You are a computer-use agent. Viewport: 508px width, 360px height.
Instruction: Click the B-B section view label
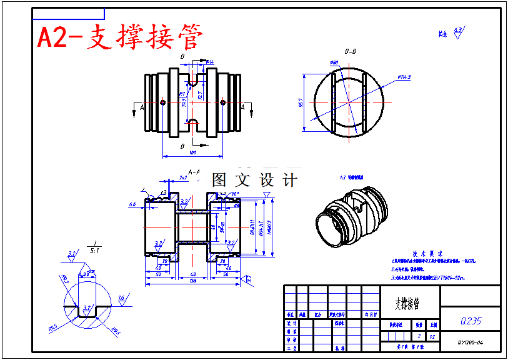coord(351,51)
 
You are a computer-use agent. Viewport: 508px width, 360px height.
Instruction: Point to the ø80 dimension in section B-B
coord(334,63)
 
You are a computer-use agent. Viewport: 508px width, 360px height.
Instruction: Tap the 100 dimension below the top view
coord(192,152)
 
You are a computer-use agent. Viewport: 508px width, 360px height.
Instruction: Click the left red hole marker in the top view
coord(162,102)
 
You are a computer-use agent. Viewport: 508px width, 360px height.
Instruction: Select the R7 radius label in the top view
coord(182,94)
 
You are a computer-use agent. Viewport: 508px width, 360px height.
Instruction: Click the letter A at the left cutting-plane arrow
coord(142,107)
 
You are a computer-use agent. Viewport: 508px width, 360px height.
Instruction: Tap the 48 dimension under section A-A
coord(192,274)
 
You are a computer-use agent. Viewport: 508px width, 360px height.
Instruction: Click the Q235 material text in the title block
coord(471,321)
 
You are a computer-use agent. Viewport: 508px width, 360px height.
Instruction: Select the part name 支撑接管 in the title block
coord(407,304)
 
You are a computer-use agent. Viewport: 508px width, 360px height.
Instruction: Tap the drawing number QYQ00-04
coord(471,342)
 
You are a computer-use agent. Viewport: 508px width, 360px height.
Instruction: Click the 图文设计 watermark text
coord(254,180)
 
